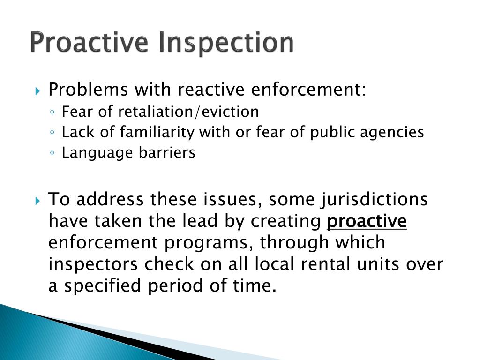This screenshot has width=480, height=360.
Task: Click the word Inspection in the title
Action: coord(226,43)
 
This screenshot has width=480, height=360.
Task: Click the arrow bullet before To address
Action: coord(38,201)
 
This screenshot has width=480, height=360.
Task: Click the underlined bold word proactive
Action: coord(367,221)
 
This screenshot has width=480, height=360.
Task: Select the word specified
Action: coord(104,286)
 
